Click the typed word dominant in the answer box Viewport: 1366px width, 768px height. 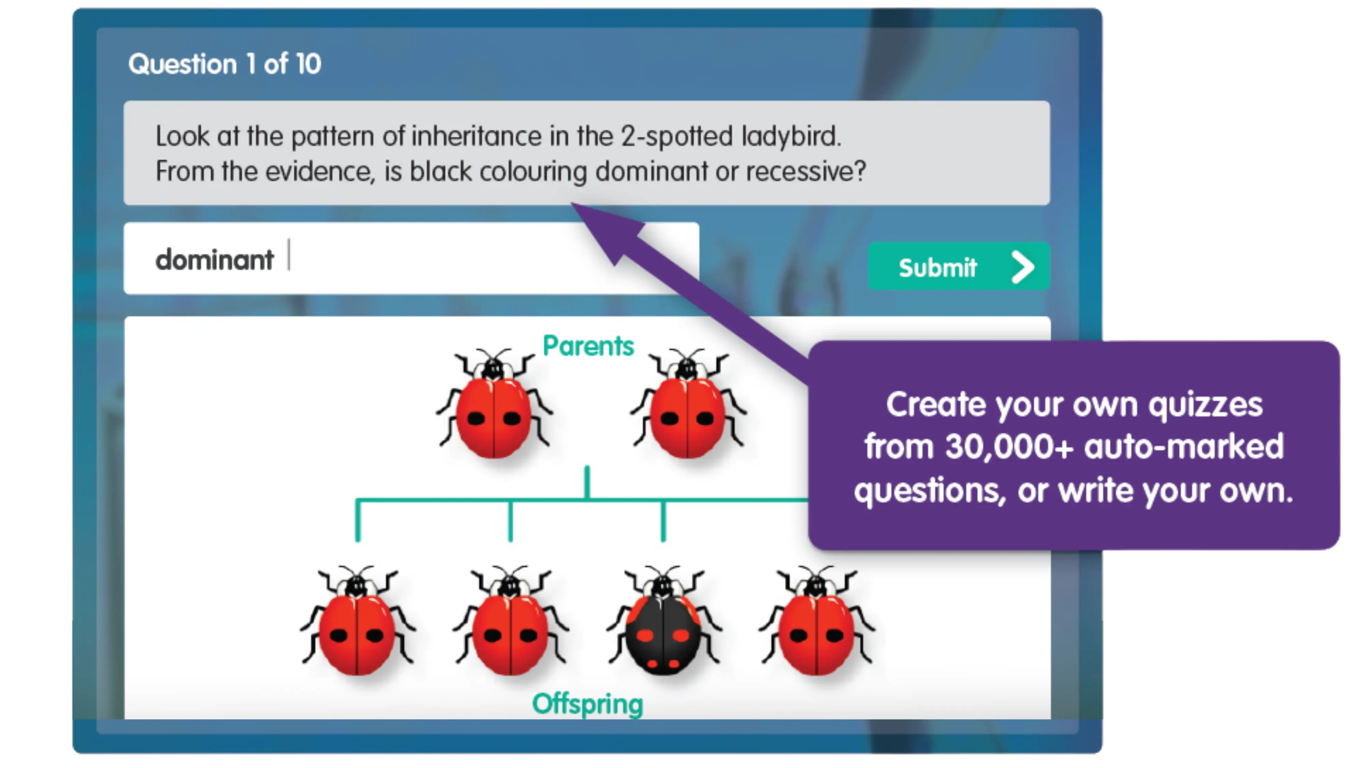(x=214, y=260)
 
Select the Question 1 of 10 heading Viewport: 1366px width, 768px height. (x=224, y=64)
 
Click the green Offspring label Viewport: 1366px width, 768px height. (x=587, y=704)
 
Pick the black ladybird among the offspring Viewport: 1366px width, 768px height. (x=663, y=631)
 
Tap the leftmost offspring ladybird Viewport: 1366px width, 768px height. (x=357, y=628)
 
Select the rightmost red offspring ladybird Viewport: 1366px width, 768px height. (x=816, y=628)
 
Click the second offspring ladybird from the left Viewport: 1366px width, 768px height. (x=510, y=628)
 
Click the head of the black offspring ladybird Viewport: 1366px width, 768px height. (x=663, y=586)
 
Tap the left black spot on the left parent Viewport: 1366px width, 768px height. (x=476, y=419)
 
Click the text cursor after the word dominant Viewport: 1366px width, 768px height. (x=289, y=255)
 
